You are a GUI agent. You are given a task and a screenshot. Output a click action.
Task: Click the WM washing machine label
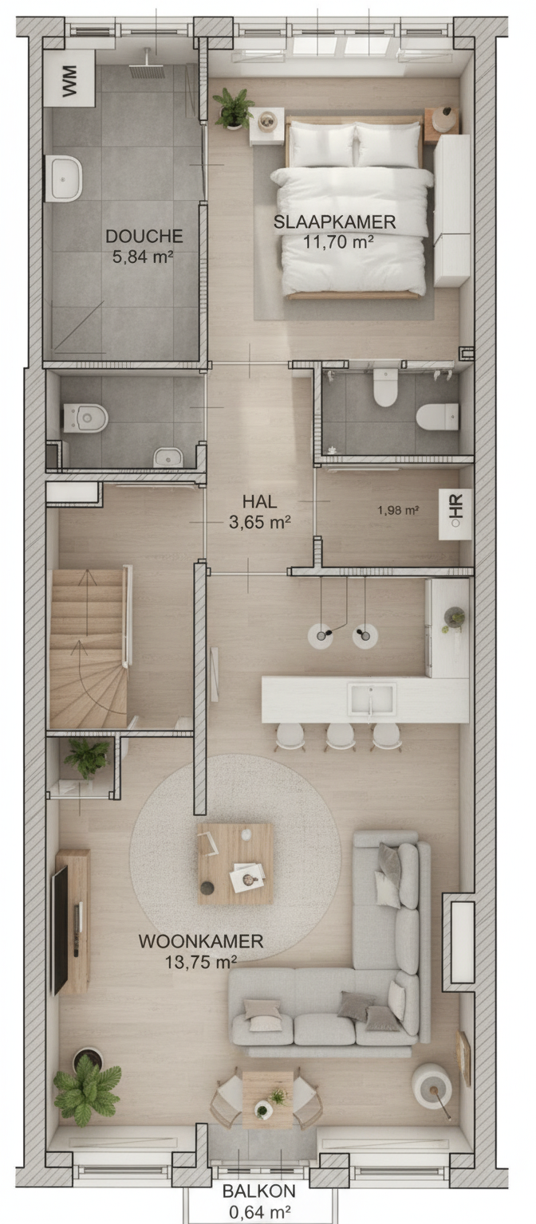[x=69, y=80]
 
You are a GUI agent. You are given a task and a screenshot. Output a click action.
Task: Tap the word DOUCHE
[x=144, y=236]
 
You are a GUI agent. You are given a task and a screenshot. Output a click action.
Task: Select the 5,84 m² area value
[x=143, y=257]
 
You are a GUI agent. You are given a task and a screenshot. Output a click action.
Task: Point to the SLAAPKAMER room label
[x=335, y=222]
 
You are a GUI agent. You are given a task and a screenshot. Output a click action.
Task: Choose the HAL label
[x=260, y=501]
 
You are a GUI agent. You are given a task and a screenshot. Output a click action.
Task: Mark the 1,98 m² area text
[x=398, y=510]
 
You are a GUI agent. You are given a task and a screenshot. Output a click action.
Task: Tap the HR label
[x=456, y=507]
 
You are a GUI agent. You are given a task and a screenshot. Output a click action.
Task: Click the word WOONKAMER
[x=201, y=941]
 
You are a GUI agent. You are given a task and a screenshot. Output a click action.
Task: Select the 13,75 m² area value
[x=201, y=962]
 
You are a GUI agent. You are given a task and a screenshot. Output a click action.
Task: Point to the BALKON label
[x=259, y=1190]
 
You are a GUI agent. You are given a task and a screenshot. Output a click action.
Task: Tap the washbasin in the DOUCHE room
[x=64, y=178]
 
